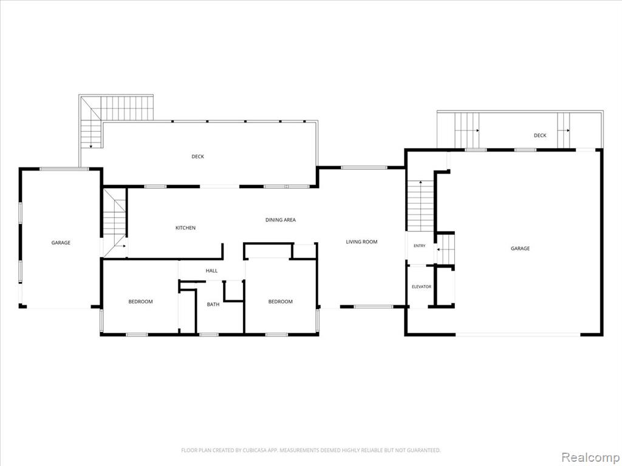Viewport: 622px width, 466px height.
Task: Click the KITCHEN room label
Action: (x=185, y=228)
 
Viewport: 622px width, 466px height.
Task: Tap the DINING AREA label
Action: (x=281, y=220)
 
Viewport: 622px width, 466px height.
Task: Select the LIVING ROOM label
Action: (x=361, y=241)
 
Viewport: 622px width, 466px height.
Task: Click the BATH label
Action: (x=213, y=305)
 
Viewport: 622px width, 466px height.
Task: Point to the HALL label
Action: (x=211, y=271)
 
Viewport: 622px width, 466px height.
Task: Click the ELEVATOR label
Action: (x=422, y=286)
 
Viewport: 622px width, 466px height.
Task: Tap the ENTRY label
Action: (x=419, y=246)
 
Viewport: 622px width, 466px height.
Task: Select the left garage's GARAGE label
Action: (x=61, y=243)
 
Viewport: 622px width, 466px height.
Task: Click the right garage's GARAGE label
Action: (x=520, y=248)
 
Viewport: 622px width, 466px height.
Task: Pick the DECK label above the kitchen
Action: (x=197, y=157)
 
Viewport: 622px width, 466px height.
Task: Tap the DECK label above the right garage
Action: (x=540, y=135)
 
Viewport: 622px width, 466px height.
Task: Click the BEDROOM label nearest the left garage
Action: (x=140, y=302)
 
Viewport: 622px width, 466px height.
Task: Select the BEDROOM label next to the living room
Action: (x=281, y=302)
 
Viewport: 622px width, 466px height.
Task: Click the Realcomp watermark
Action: (x=590, y=457)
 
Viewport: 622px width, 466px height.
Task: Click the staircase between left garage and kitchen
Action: (x=115, y=223)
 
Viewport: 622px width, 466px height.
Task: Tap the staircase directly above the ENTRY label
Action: (x=420, y=206)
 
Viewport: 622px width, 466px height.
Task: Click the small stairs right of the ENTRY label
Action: (x=445, y=249)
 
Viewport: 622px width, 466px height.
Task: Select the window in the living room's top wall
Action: (x=364, y=167)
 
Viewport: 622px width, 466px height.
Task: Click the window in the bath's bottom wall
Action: (x=209, y=335)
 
